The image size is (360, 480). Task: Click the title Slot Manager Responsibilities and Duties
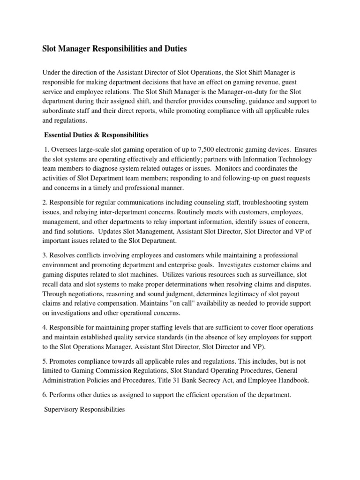pos(115,48)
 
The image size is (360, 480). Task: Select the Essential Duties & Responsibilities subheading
pos(96,135)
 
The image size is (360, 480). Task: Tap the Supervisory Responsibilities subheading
pos(84,409)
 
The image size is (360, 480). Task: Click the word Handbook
pos(292,380)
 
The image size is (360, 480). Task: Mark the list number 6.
pos(45,395)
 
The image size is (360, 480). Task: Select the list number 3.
pos(45,255)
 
